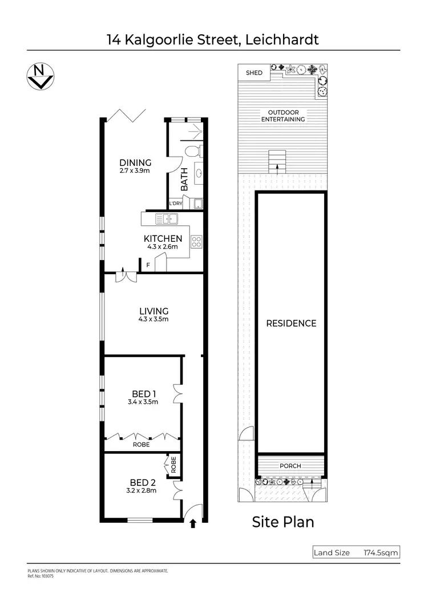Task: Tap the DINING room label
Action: point(135,163)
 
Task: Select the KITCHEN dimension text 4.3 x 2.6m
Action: point(163,247)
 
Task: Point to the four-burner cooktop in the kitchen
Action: point(197,241)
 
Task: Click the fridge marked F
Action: point(148,265)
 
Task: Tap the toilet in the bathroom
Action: point(193,152)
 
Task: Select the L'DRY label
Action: point(176,204)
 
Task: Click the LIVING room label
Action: point(154,311)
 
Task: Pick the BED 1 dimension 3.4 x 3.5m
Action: point(144,402)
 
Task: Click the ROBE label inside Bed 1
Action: point(142,444)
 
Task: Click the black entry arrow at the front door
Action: point(192,522)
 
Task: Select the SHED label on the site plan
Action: point(254,73)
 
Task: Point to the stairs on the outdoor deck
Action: point(277,161)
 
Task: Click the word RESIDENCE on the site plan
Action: point(291,323)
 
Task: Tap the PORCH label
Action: point(290,466)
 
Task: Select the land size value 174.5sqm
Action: point(380,553)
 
